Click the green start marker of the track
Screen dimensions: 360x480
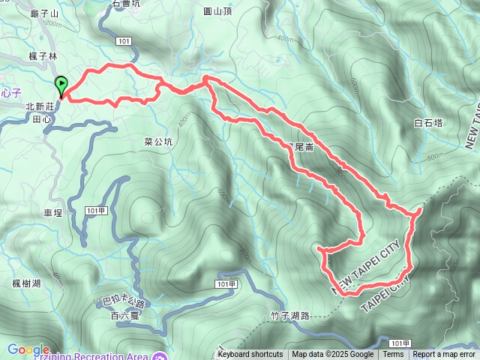[61, 85]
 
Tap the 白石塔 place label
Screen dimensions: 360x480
[428, 122]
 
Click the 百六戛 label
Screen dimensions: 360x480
[124, 316]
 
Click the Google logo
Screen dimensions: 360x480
[28, 349]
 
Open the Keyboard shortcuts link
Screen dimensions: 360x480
[250, 355]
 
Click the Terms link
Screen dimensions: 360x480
[393, 355]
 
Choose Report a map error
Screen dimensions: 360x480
[444, 355]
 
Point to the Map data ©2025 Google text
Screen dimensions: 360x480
[332, 355]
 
